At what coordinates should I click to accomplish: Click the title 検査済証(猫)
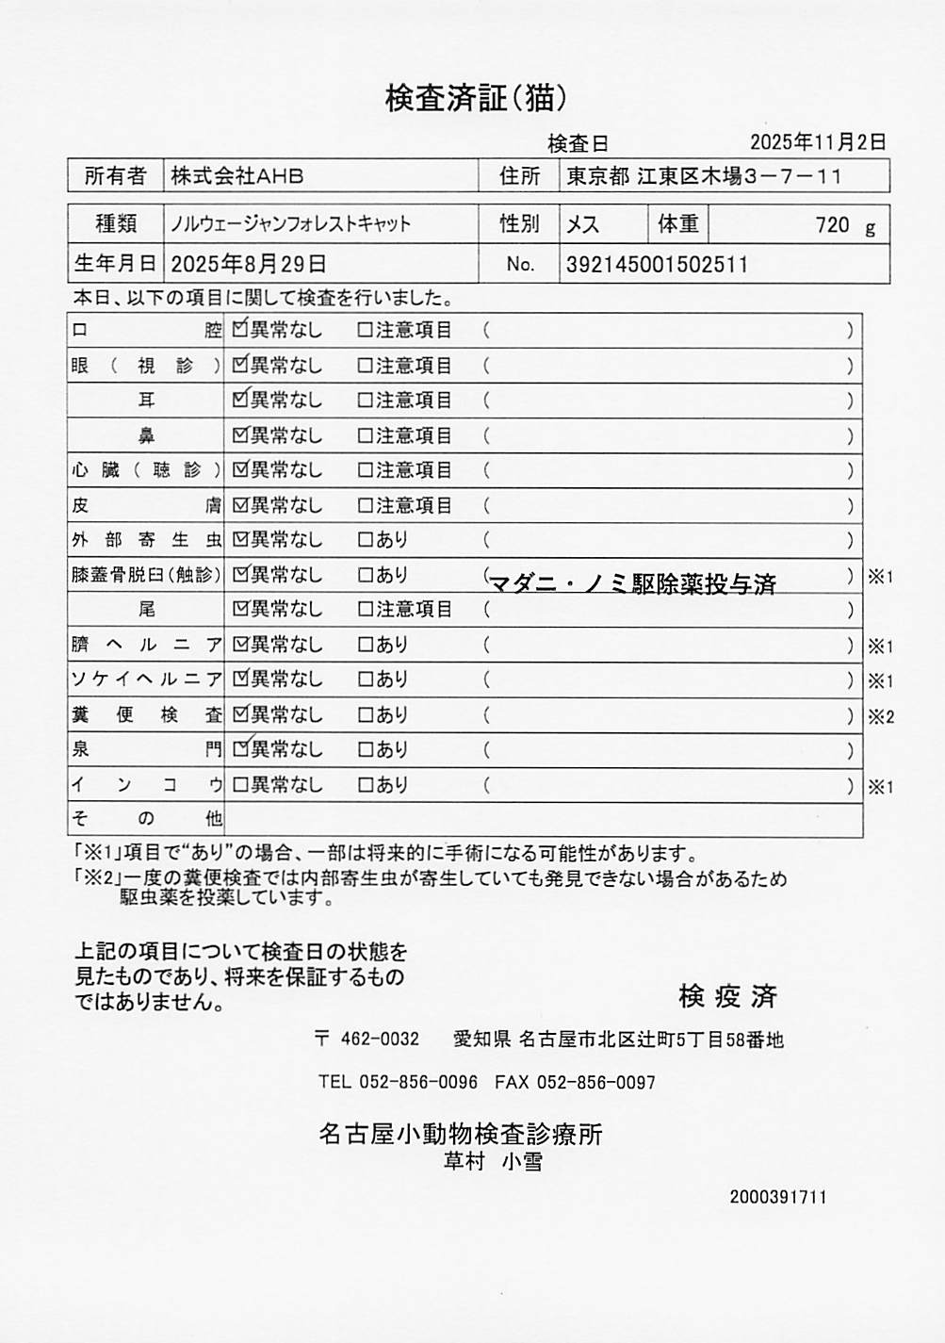pyautogui.click(x=476, y=98)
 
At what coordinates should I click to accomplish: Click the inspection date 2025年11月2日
pyautogui.click(x=818, y=142)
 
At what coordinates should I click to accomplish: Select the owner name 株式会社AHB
pyautogui.click(x=237, y=176)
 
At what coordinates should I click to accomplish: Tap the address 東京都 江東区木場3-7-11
pyautogui.click(x=703, y=176)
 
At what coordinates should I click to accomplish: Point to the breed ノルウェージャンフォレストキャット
pyautogui.click(x=291, y=224)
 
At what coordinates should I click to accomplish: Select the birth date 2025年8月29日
pyautogui.click(x=249, y=264)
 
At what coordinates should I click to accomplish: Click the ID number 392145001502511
pyautogui.click(x=657, y=265)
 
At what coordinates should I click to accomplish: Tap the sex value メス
pyautogui.click(x=582, y=224)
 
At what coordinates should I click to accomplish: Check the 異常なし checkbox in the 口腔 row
pyautogui.click(x=240, y=330)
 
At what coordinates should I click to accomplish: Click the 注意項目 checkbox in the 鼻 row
pyautogui.click(x=366, y=435)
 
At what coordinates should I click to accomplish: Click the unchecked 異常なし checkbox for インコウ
pyautogui.click(x=240, y=784)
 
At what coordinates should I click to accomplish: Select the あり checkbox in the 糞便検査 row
pyautogui.click(x=366, y=714)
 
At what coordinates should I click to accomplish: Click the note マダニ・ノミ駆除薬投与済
pyautogui.click(x=632, y=584)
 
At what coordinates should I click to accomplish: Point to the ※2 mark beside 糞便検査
pyautogui.click(x=881, y=716)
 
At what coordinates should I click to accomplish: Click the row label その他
pyautogui.click(x=147, y=818)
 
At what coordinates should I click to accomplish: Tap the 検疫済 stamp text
pyautogui.click(x=727, y=995)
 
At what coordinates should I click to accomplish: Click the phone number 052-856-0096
pyautogui.click(x=418, y=1082)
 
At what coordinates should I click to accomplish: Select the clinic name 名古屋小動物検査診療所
pyautogui.click(x=461, y=1134)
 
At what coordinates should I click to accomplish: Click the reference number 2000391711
pyautogui.click(x=778, y=1197)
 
